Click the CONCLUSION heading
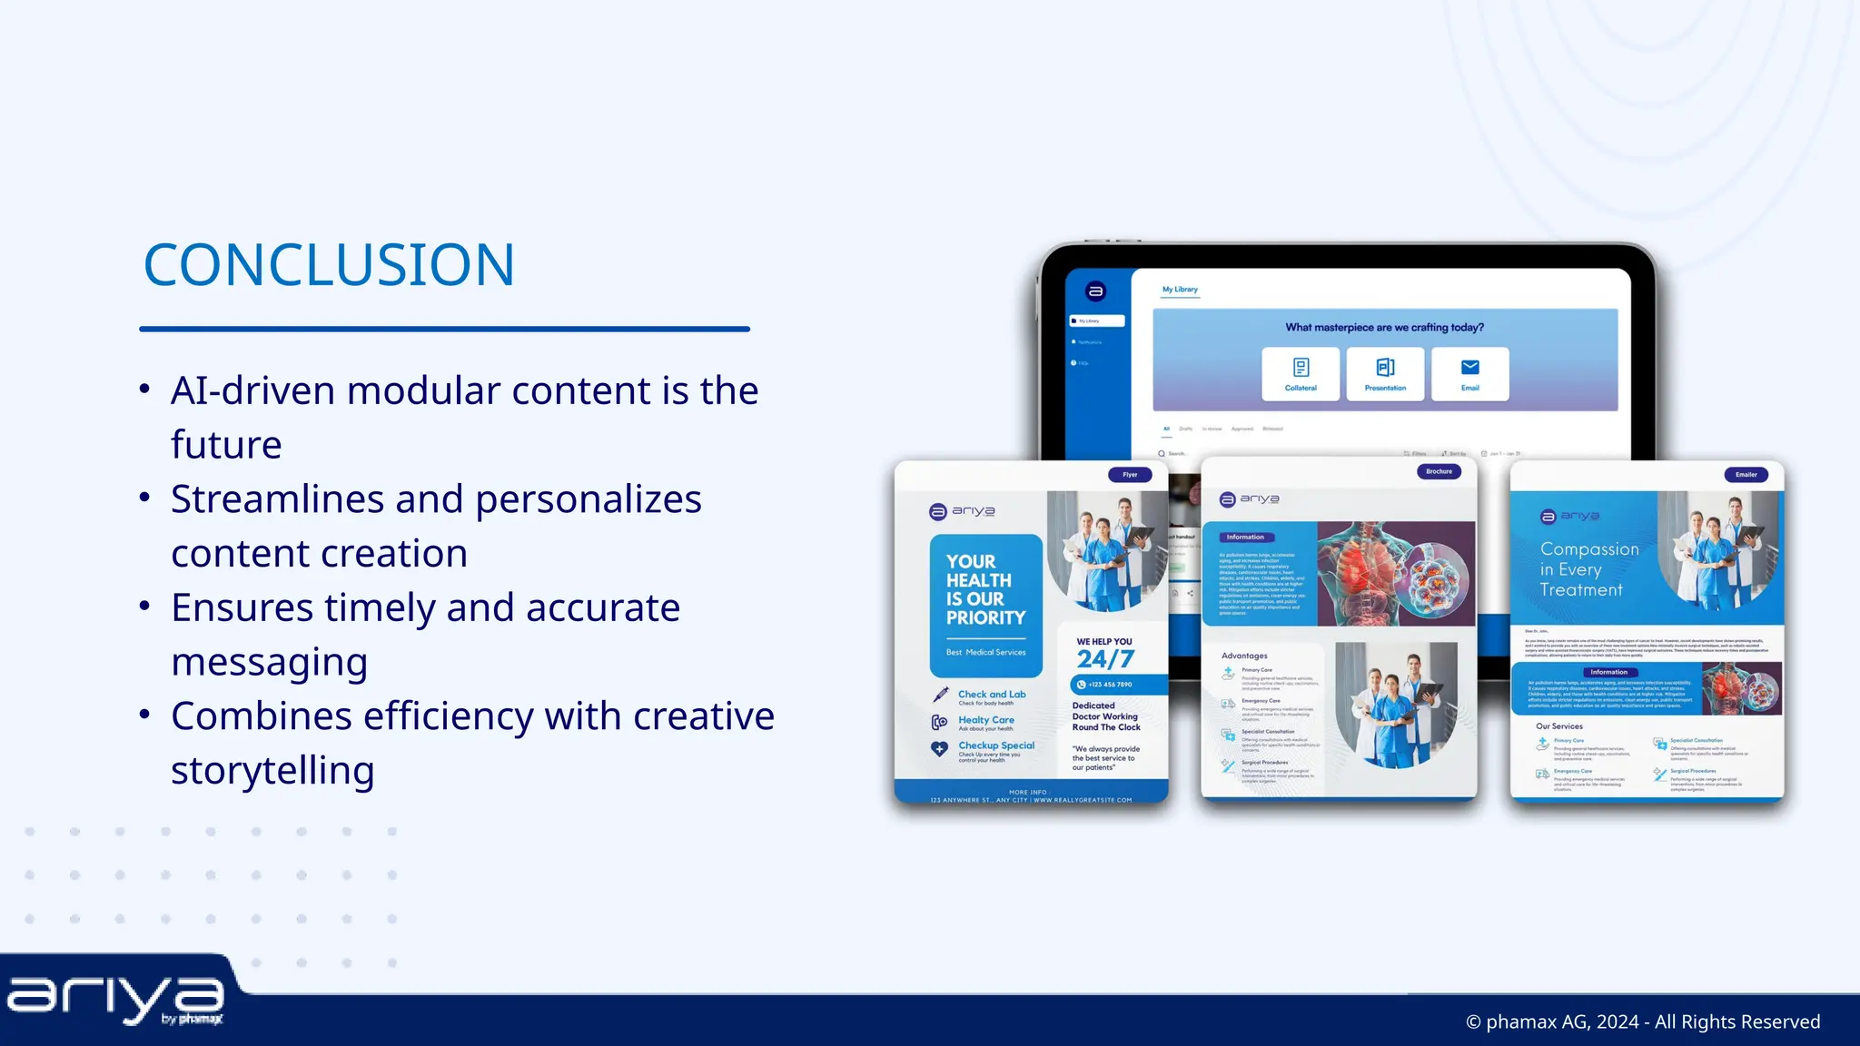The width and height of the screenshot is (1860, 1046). coord(329,265)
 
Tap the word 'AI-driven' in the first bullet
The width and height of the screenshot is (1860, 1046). coord(252,391)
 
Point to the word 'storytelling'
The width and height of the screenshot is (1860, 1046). coord(272,771)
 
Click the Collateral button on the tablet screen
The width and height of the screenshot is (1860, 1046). coord(1301,373)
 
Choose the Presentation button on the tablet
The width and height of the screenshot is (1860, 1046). coord(1385,373)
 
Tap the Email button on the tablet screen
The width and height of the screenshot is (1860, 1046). coord(1469,373)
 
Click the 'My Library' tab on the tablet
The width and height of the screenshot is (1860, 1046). coord(1180,290)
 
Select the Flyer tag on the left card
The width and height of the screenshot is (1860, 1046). coord(1130,475)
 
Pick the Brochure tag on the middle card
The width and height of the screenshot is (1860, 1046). coord(1439,472)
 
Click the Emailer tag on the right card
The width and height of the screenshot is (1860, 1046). coord(1746,475)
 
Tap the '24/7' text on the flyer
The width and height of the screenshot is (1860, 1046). coord(1105,659)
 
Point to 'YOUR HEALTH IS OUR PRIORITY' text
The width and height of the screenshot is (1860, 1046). coord(985,590)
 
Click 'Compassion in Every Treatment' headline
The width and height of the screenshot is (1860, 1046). coord(1589,569)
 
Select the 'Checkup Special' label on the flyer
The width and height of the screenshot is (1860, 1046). coord(996,745)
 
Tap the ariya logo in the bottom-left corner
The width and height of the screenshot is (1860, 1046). coord(115,1000)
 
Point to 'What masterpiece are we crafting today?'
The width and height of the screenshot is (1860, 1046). coord(1384,328)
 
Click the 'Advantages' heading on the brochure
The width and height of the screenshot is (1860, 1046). coord(1244,656)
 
